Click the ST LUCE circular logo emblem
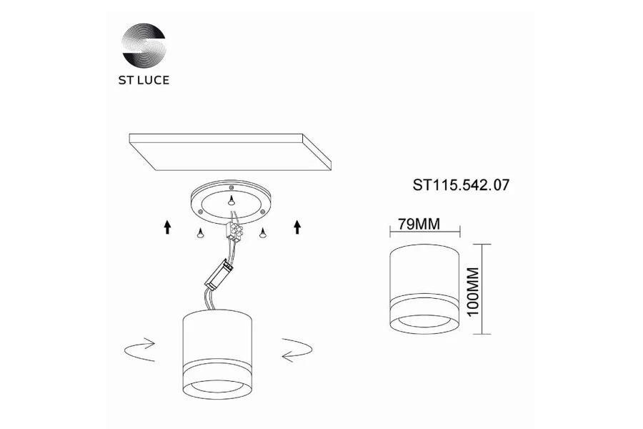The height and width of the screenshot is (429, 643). pyautogui.click(x=144, y=45)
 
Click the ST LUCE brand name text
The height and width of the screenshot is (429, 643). pyautogui.click(x=144, y=80)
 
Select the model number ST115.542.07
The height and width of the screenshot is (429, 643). pyautogui.click(x=461, y=185)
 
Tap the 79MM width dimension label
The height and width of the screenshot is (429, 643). pyautogui.click(x=419, y=224)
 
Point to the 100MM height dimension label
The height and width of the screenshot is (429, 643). pyautogui.click(x=473, y=292)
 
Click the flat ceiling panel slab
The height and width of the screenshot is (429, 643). pyautogui.click(x=231, y=152)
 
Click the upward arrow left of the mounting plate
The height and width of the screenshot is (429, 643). pyautogui.click(x=167, y=227)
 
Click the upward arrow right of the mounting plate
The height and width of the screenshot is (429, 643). pyautogui.click(x=297, y=227)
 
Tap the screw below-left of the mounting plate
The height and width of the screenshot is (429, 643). pyautogui.click(x=200, y=233)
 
